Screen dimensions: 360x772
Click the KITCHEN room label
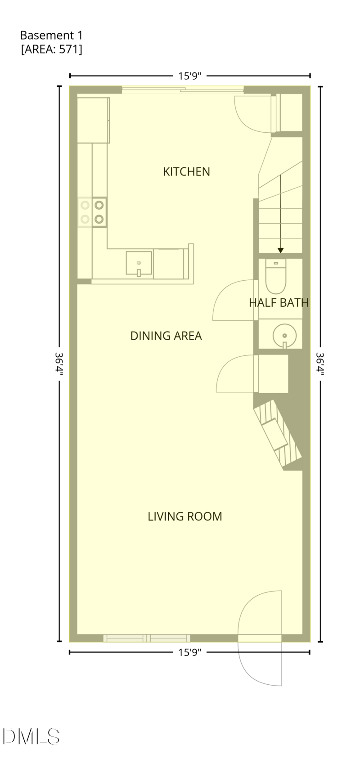(x=186, y=171)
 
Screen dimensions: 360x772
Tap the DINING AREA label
(x=166, y=336)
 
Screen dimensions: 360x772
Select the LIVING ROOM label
(x=185, y=516)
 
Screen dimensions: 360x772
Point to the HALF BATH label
(x=279, y=302)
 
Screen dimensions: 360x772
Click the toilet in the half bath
(x=276, y=276)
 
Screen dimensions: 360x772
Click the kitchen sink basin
(x=139, y=264)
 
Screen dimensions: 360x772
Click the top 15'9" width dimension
(x=189, y=76)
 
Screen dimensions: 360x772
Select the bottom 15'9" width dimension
(x=189, y=652)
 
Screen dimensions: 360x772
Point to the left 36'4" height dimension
(x=59, y=364)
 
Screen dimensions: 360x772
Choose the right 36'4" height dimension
(x=320, y=364)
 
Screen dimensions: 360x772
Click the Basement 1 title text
(x=51, y=35)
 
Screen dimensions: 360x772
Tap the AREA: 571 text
(x=52, y=49)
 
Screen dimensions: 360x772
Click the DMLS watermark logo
(x=31, y=736)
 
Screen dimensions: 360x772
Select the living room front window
(x=147, y=638)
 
